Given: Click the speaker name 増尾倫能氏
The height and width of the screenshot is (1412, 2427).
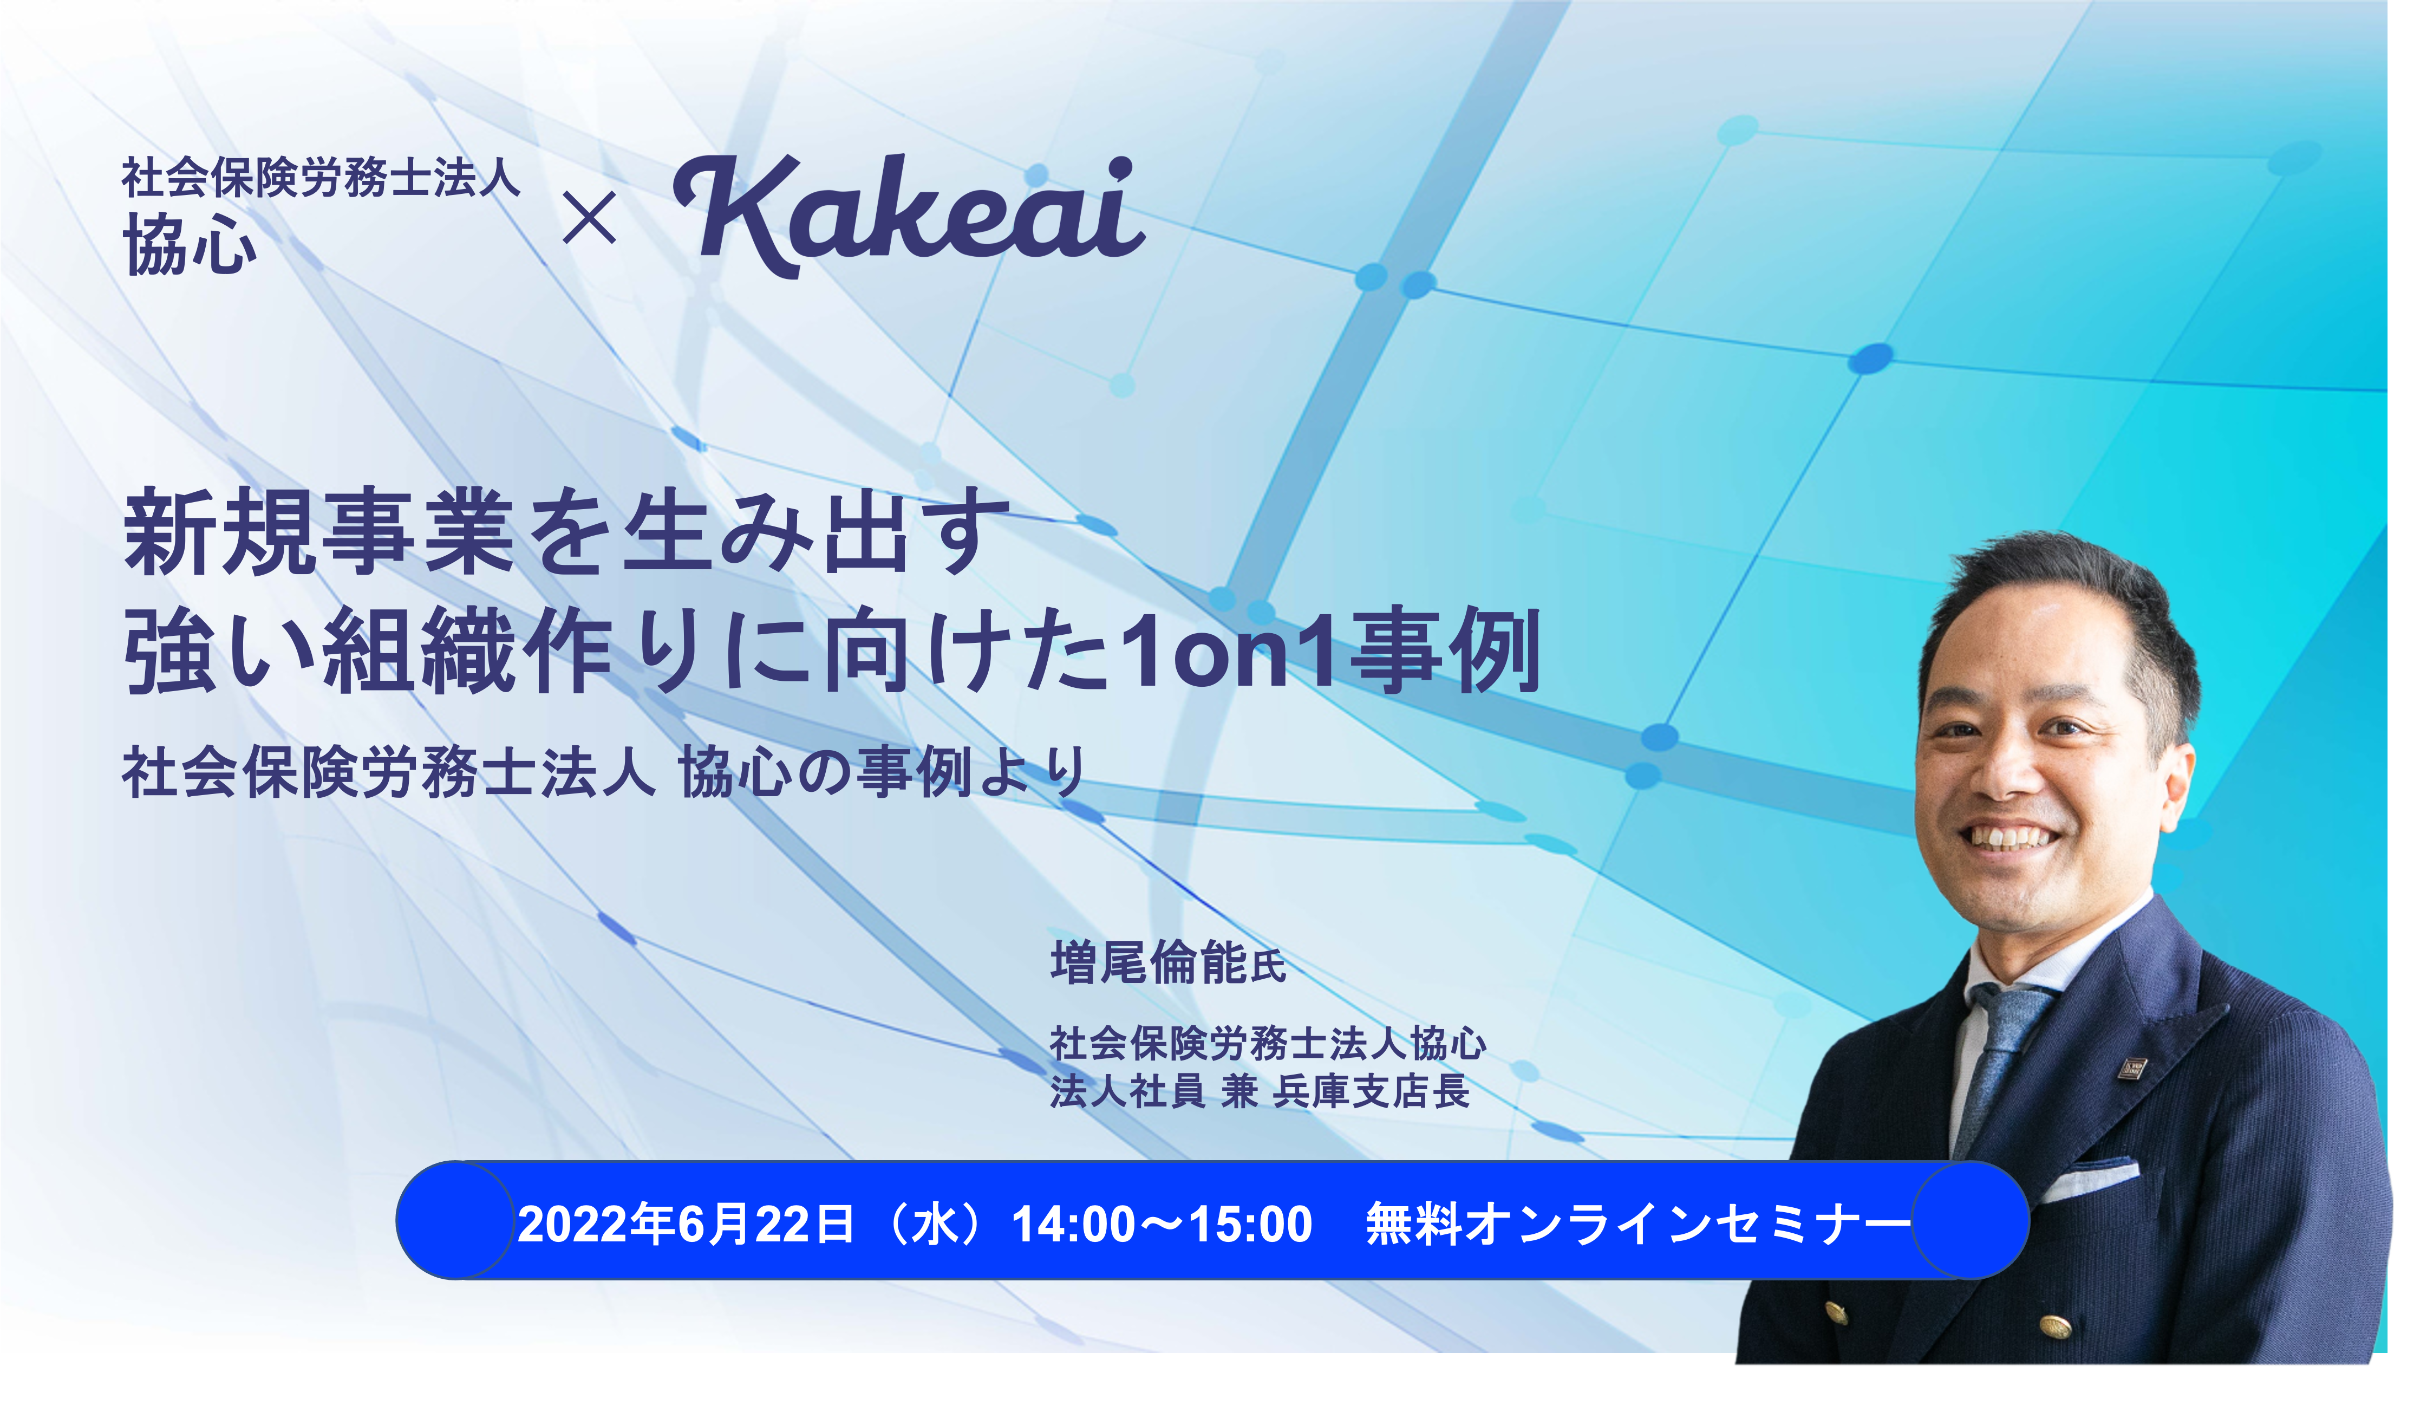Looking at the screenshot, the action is coord(1167,962).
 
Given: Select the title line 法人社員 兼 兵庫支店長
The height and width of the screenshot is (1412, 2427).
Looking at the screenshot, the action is coord(1259,1091).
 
